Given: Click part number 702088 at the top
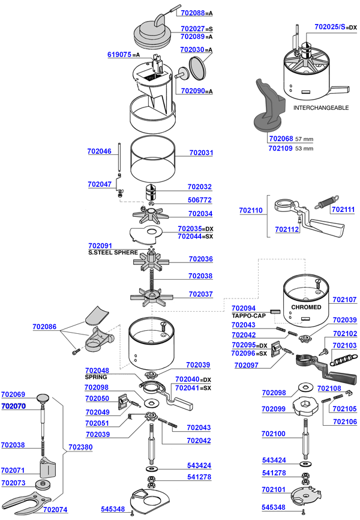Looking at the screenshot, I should click(192, 13).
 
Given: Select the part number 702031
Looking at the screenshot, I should click(201, 153).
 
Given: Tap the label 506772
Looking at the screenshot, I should click(200, 200).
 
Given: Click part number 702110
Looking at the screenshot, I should click(251, 211).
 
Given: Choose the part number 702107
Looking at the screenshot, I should click(344, 299).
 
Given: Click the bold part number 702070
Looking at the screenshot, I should click(13, 407).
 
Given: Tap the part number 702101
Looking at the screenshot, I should click(274, 489).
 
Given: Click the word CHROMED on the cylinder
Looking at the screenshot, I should click(306, 307).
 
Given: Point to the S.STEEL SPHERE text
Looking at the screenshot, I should click(113, 253).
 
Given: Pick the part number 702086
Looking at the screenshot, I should click(44, 327).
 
